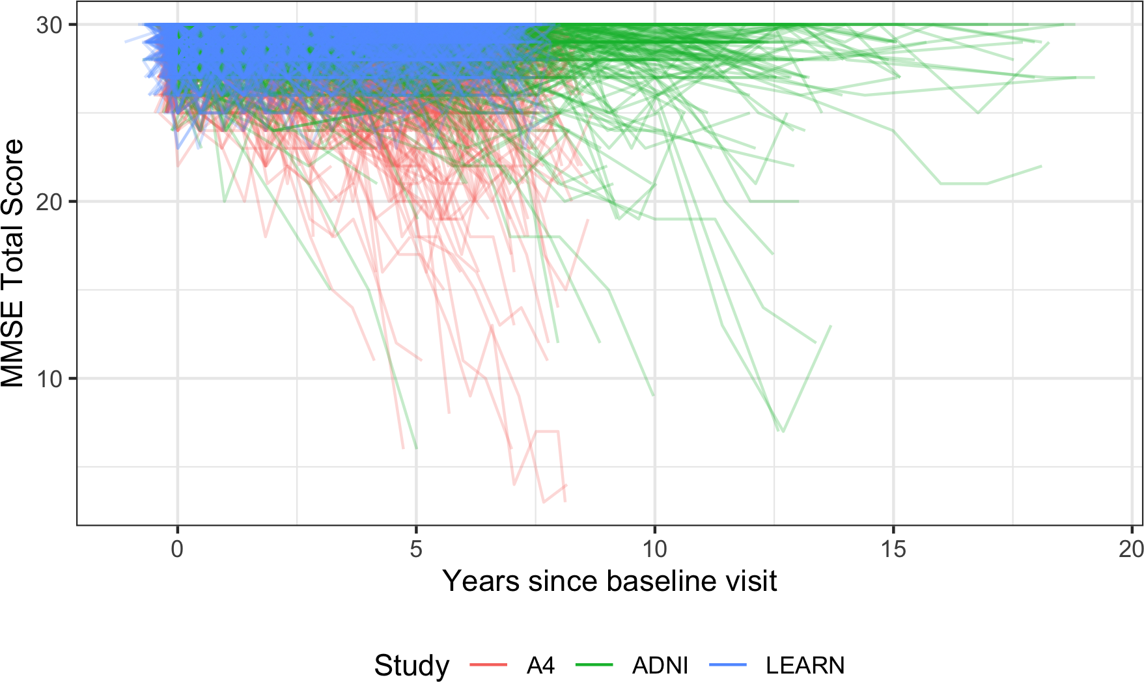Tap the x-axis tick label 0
pyautogui.click(x=177, y=550)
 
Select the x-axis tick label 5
pyautogui.click(x=416, y=550)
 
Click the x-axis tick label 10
pyautogui.click(x=654, y=550)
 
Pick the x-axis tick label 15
pyautogui.click(x=893, y=550)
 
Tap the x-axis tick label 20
pyautogui.click(x=1131, y=550)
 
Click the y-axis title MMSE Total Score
pyautogui.click(x=13, y=263)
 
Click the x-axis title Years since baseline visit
pyautogui.click(x=609, y=581)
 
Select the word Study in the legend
pyautogui.click(x=412, y=666)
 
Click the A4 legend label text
pyautogui.click(x=540, y=666)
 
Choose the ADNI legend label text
pyautogui.click(x=660, y=666)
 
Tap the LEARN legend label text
pyautogui.click(x=805, y=666)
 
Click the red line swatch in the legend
pyautogui.click(x=488, y=665)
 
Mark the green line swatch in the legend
pyautogui.click(x=594, y=665)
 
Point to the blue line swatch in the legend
pyautogui.click(x=727, y=665)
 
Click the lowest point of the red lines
pyautogui.click(x=544, y=502)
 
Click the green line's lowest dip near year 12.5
pyautogui.click(x=782, y=431)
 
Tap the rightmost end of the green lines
pyautogui.click(x=1095, y=77)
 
